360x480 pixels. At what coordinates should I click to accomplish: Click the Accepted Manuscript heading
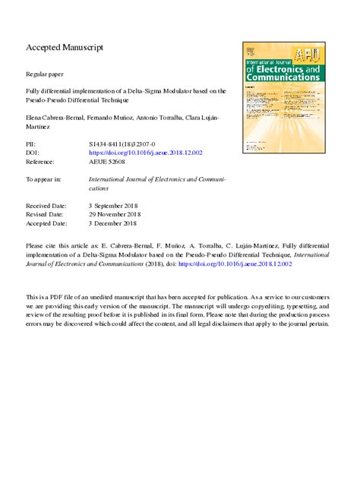(x=65, y=47)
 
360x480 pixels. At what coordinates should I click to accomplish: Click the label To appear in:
(x=43, y=180)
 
